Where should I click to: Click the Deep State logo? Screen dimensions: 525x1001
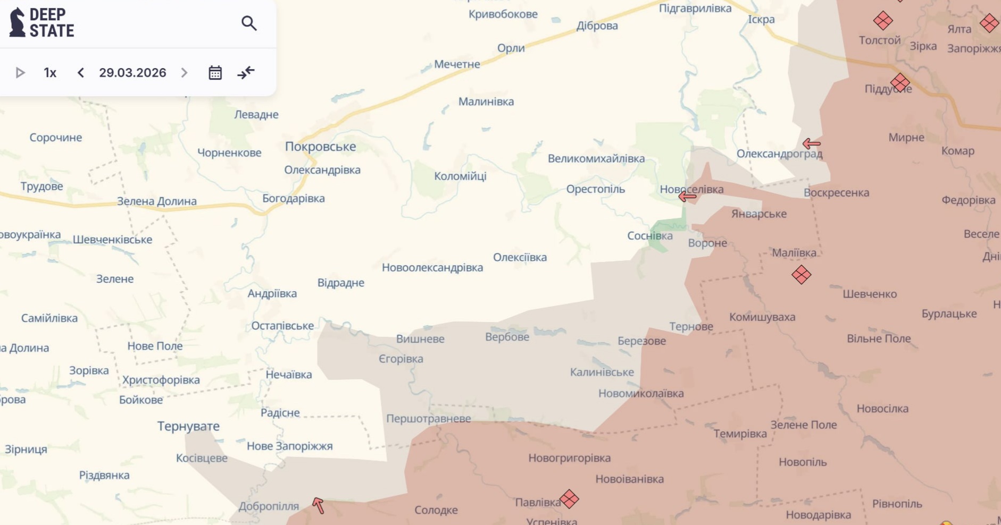tap(41, 23)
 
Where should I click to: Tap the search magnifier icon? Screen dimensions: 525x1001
tap(249, 23)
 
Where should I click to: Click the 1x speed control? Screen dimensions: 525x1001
tap(50, 73)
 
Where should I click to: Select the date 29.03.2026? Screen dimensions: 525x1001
tap(132, 73)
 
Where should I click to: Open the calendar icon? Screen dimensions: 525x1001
tap(215, 73)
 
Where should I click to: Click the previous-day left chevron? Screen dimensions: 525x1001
tap(81, 73)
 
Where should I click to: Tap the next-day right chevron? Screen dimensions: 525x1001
tap(184, 73)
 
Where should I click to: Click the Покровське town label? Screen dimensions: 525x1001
tap(320, 147)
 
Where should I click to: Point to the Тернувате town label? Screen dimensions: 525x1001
tap(188, 426)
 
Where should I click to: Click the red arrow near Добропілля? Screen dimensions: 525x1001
tap(318, 505)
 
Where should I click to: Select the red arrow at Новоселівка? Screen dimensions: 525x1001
tap(687, 197)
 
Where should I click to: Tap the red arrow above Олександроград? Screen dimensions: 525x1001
tap(811, 143)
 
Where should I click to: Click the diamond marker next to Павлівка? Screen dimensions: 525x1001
tap(569, 499)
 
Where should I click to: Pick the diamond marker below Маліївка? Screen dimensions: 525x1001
tap(801, 275)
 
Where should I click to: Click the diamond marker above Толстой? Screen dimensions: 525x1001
tap(883, 21)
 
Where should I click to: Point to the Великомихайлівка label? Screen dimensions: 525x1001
tap(596, 158)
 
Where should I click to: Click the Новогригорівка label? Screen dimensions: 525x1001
tap(569, 458)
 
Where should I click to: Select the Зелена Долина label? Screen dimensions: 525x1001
tap(156, 201)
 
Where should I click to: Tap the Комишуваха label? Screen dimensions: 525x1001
tap(762, 317)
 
